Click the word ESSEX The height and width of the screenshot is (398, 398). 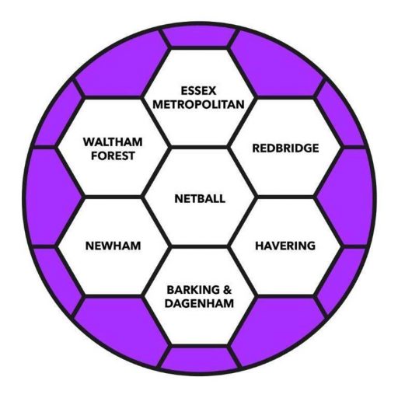tap(198, 91)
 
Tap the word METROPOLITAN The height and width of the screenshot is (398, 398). tap(199, 104)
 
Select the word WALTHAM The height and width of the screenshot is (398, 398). tap(113, 142)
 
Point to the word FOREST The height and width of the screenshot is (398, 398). tap(113, 155)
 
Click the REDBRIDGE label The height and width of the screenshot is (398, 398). tap(285, 148)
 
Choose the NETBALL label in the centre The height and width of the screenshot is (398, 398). tap(200, 199)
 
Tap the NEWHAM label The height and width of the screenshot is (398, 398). tap(113, 246)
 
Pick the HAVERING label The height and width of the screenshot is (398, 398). tap(285, 246)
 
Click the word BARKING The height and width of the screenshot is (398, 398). tap(193, 290)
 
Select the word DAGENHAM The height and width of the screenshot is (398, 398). tap(199, 303)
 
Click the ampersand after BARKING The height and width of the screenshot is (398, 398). tap(227, 290)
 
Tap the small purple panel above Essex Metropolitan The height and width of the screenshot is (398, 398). tap(199, 37)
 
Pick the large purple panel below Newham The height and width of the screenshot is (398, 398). tap(119, 328)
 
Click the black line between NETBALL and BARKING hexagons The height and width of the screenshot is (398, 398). tap(199, 246)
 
